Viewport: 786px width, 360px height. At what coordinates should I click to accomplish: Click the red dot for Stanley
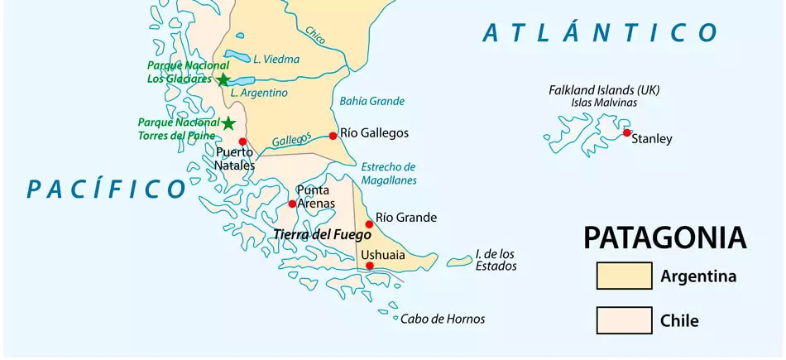pyautogui.click(x=627, y=132)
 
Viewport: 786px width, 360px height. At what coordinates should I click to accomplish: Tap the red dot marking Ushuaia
pyautogui.click(x=370, y=266)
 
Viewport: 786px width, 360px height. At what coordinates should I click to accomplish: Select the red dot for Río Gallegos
pyautogui.click(x=333, y=136)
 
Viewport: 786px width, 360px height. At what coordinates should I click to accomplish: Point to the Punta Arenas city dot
pyautogui.click(x=292, y=204)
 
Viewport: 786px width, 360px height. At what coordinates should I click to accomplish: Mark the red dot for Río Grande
pyautogui.click(x=369, y=224)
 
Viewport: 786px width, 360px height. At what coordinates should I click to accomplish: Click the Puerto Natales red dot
pyautogui.click(x=242, y=142)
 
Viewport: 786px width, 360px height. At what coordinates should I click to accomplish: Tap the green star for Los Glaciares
pyautogui.click(x=223, y=79)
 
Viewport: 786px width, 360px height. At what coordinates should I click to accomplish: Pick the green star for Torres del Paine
pyautogui.click(x=228, y=123)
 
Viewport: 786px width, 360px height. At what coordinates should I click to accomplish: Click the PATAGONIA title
pyautogui.click(x=664, y=238)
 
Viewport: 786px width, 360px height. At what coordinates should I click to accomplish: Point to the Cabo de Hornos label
pyautogui.click(x=443, y=319)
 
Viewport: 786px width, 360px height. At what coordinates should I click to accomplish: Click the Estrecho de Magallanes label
pyautogui.click(x=389, y=173)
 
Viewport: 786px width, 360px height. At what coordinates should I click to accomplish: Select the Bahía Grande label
pyautogui.click(x=371, y=101)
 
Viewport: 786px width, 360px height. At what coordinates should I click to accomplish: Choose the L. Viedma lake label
pyautogui.click(x=276, y=59)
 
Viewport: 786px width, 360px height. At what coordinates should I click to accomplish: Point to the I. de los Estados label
pyautogui.click(x=496, y=260)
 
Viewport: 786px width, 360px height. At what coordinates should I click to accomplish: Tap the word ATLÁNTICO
pyautogui.click(x=600, y=33)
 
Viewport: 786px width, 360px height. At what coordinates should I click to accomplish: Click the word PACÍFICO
pyautogui.click(x=106, y=189)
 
